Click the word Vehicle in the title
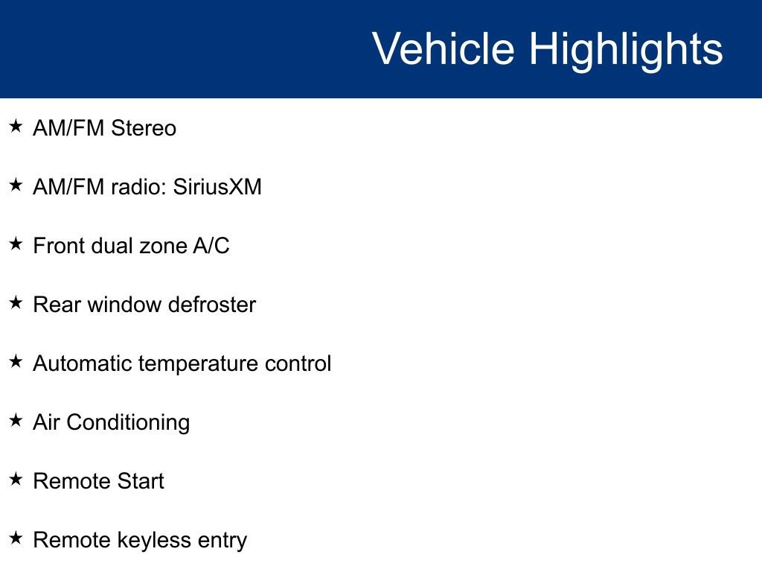click(x=444, y=48)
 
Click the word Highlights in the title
click(x=626, y=51)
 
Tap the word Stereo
click(x=144, y=128)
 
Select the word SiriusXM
click(x=217, y=187)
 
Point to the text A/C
click(x=211, y=246)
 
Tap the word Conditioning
click(x=128, y=423)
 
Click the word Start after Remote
click(x=141, y=481)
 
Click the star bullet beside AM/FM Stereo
click(x=16, y=126)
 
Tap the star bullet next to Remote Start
click(x=16, y=479)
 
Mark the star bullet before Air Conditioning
click(x=16, y=420)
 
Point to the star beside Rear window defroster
click(x=16, y=302)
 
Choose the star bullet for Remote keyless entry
click(x=16, y=538)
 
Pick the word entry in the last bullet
click(x=222, y=541)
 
